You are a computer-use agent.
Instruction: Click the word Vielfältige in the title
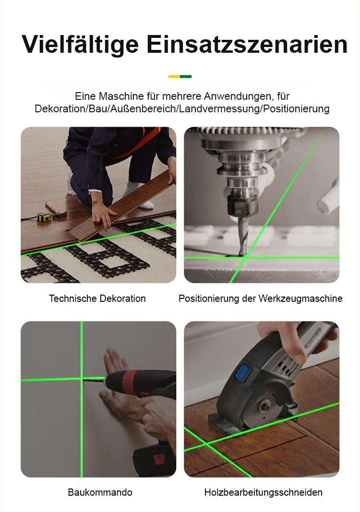pyautogui.click(x=80, y=44)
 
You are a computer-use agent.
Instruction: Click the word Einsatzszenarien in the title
pyautogui.click(x=247, y=44)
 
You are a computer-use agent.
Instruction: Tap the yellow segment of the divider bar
pyautogui.click(x=174, y=76)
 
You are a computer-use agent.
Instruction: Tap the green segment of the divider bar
pyautogui.click(x=186, y=76)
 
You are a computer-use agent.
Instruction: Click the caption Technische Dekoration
pyautogui.click(x=97, y=298)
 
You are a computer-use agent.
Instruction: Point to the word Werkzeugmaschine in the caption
pyautogui.click(x=300, y=298)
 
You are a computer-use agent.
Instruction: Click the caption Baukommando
pyautogui.click(x=100, y=492)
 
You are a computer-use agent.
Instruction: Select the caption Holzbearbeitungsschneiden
pyautogui.click(x=264, y=492)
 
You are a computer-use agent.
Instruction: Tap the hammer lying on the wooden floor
pyautogui.click(x=56, y=210)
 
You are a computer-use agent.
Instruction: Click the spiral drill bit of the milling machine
pyautogui.click(x=242, y=236)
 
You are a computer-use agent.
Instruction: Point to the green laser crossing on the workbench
pyautogui.click(x=244, y=258)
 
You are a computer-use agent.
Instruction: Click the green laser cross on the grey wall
pyautogui.click(x=82, y=379)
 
